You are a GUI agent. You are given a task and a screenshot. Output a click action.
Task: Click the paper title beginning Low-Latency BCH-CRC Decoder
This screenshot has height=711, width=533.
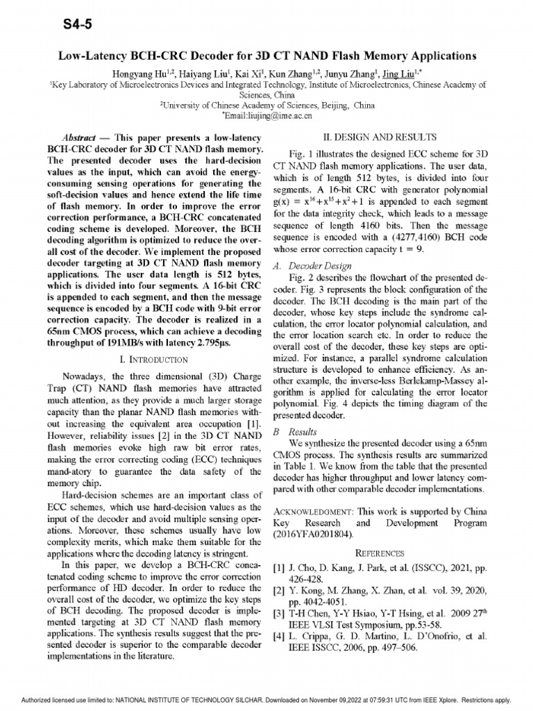(266, 56)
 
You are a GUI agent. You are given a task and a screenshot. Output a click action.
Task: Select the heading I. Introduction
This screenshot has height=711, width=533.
(154, 359)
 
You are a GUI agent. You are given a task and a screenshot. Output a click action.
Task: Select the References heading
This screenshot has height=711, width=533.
(379, 553)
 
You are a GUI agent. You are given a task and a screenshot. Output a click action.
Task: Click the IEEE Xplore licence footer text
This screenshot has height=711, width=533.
(266, 700)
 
